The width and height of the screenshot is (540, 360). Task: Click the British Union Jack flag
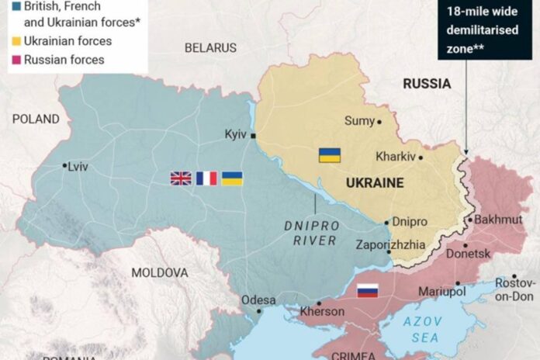pyautogui.click(x=181, y=178)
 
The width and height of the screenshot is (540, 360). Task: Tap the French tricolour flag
pyautogui.click(x=206, y=178)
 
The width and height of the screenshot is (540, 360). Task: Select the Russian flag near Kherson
pyautogui.click(x=367, y=291)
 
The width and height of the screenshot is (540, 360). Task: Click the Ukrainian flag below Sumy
pyautogui.click(x=330, y=155)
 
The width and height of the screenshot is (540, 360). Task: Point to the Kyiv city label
pyautogui.click(x=235, y=134)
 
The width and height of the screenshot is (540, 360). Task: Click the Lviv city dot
pyautogui.click(x=64, y=165)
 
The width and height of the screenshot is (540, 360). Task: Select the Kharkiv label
pyautogui.click(x=395, y=156)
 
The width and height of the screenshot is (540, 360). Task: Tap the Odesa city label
pyautogui.click(x=258, y=300)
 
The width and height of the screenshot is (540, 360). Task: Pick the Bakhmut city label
pyautogui.click(x=498, y=220)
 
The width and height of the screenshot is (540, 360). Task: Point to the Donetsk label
pyautogui.click(x=469, y=254)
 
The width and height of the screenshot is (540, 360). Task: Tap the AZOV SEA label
pyautogui.click(x=424, y=329)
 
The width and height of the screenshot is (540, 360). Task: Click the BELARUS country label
pyautogui.click(x=210, y=48)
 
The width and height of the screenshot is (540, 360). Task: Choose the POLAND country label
pyautogui.click(x=36, y=119)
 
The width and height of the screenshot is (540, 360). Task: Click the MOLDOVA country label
pyautogui.click(x=159, y=273)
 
